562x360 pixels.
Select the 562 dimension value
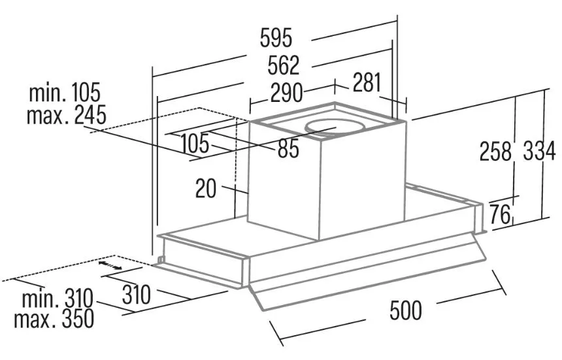pos(283,65)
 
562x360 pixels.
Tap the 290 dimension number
pos(286,93)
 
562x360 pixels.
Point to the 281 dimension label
pos(367,82)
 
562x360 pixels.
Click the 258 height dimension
pos(495,151)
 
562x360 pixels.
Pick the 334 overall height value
pos(539,151)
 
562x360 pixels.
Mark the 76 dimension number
pos(500,214)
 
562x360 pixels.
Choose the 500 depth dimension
pos(406,310)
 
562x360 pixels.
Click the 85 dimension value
pos(288,149)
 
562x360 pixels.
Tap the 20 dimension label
pos(206,188)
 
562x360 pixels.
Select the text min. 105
pos(65,92)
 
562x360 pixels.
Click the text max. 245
pos(66,115)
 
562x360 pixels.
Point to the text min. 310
pos(58,299)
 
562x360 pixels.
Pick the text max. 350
pos(54,319)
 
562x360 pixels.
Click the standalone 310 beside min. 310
pos(136,295)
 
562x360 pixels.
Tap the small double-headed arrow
pos(110,265)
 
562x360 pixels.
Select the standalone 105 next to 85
pos(195,144)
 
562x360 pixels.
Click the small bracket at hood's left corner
pos(160,259)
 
